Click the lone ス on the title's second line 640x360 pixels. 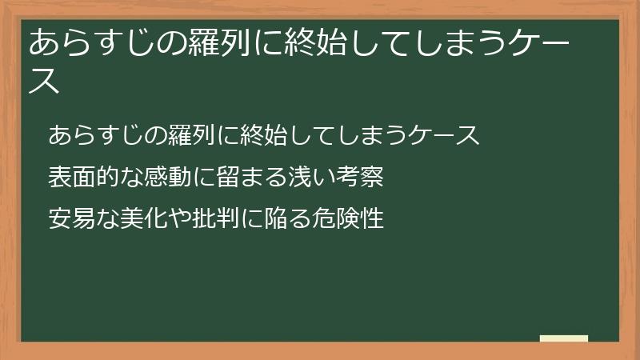coord(45,81)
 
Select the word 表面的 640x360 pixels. coord(80,177)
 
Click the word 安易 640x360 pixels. coord(70,218)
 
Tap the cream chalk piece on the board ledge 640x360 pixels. coord(563,338)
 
